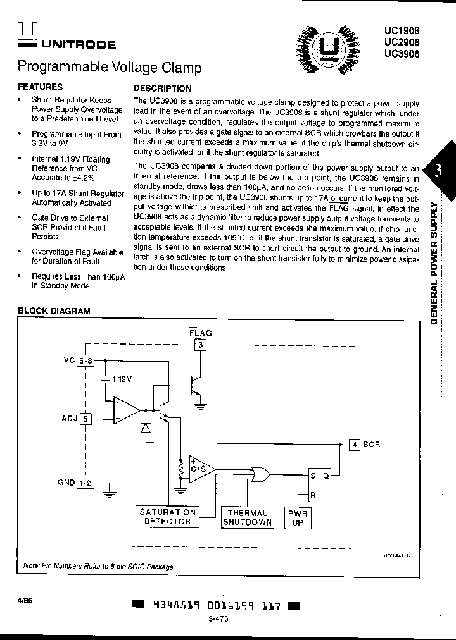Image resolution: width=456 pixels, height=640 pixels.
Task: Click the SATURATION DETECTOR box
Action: (167, 517)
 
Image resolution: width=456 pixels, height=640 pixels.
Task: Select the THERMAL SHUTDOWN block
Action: (247, 517)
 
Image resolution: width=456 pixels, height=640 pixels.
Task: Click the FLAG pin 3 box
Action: (200, 345)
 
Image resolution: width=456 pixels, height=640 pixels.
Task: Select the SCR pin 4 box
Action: (355, 444)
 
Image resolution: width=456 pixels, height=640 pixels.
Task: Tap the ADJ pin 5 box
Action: (86, 418)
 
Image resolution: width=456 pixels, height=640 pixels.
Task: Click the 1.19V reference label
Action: (122, 379)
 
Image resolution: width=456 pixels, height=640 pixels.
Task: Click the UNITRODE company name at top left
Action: (79, 45)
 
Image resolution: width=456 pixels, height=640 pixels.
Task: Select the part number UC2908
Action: (402, 42)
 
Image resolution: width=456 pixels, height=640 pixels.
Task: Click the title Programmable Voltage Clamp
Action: (110, 67)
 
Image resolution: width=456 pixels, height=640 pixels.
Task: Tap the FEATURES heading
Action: (40, 87)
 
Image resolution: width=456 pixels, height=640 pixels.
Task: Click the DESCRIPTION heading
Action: (162, 89)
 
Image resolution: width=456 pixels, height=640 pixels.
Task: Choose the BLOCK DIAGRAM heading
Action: (54, 311)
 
